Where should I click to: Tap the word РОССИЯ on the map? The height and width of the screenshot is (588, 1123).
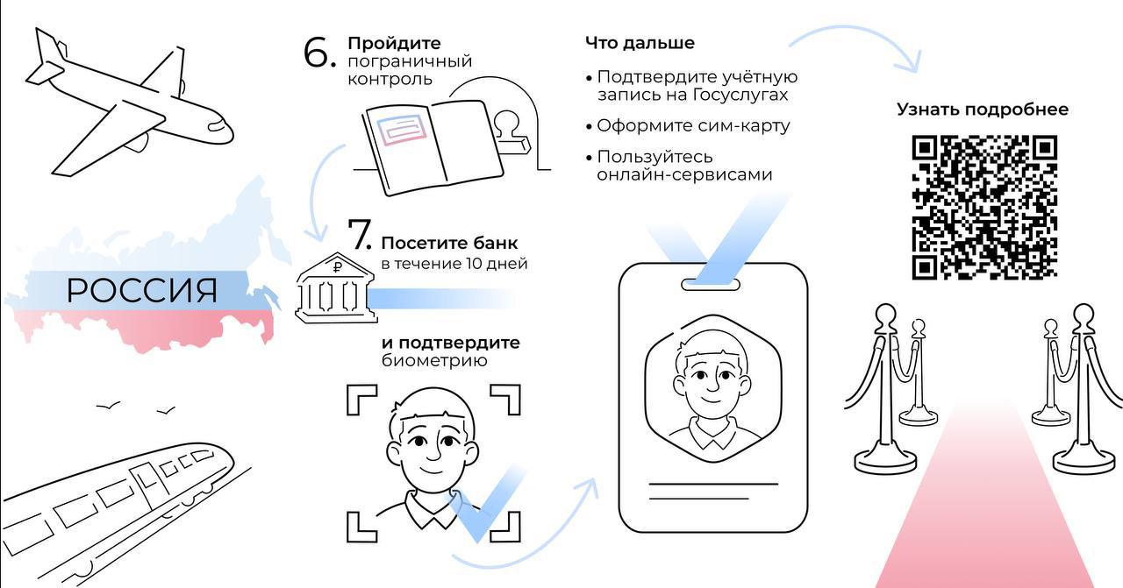tap(142, 290)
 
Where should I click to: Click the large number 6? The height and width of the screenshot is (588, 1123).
tap(319, 52)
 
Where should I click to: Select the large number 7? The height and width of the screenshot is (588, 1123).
tap(360, 234)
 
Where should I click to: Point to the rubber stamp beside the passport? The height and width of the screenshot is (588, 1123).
tap(511, 132)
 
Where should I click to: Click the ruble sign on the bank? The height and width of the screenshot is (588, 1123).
tap(338, 267)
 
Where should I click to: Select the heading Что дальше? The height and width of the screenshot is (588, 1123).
tap(640, 43)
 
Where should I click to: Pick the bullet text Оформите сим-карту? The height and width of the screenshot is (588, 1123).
tap(693, 125)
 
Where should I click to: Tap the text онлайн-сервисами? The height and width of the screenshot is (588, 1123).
tap(684, 174)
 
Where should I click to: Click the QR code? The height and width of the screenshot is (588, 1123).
tap(984, 208)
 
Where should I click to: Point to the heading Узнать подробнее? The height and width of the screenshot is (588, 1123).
tap(983, 110)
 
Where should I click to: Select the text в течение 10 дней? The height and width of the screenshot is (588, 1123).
tap(454, 264)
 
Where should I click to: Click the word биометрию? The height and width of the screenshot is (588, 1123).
tap(434, 361)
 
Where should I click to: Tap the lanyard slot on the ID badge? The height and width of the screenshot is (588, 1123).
tap(711, 285)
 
